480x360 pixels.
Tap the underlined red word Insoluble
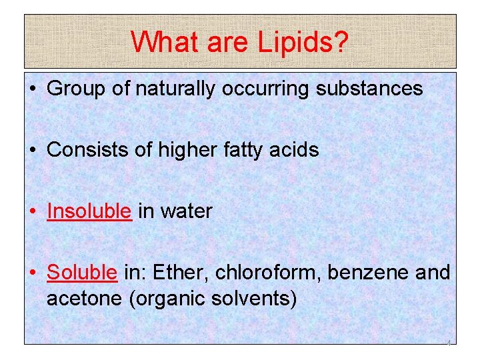point(89,211)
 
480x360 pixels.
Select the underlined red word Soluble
point(82,273)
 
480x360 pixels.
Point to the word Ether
point(175,273)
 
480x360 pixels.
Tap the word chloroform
point(254,273)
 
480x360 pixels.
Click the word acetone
point(84,298)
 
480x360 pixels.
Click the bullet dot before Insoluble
point(33,211)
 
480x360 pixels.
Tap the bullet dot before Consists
point(33,150)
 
